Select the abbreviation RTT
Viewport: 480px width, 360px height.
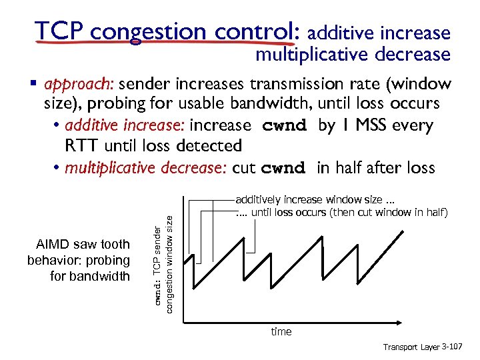tap(81, 146)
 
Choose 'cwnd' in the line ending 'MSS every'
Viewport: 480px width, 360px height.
tap(285, 125)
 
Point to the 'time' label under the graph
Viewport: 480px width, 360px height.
tap(281, 331)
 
